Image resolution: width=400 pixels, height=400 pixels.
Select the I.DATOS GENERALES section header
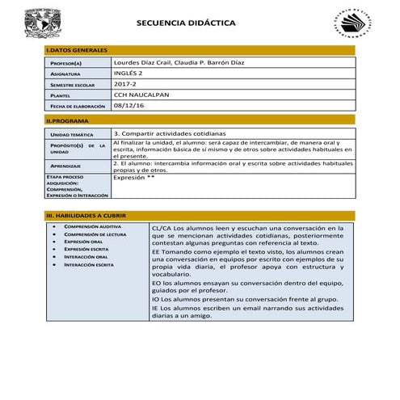coord(73,51)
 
